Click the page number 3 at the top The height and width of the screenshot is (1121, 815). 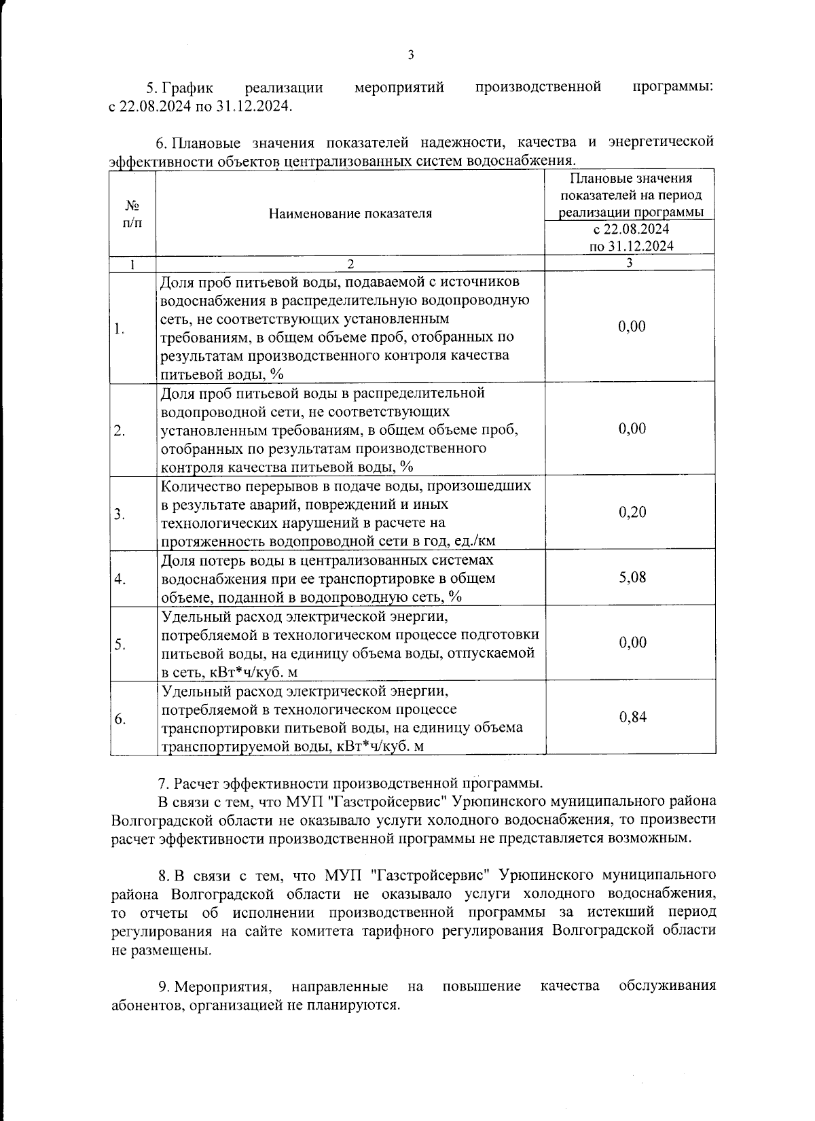(410, 55)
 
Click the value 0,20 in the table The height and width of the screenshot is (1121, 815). (632, 512)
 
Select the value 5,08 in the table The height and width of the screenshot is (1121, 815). (632, 577)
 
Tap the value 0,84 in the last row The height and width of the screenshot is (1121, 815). (632, 717)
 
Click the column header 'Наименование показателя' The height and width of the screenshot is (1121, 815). (350, 213)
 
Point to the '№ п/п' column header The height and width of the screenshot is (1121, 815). (133, 213)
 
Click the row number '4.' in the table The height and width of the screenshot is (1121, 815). (120, 579)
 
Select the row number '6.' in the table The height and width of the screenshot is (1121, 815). (120, 719)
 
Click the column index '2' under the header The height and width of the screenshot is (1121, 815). (350, 264)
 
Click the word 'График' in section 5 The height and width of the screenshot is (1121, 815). (188, 88)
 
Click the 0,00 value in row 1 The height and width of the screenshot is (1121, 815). (632, 327)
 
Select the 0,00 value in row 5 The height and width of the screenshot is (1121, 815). (632, 643)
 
